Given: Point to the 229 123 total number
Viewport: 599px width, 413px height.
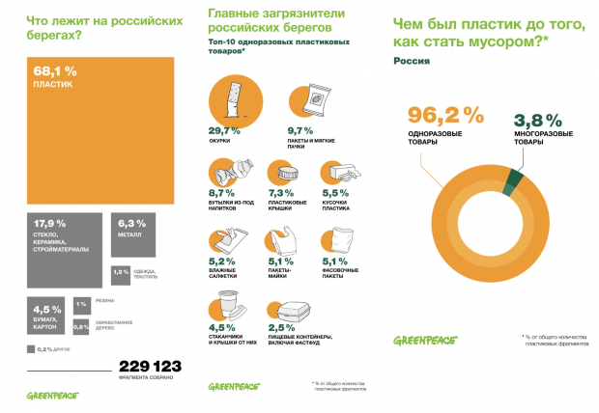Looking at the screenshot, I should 150,366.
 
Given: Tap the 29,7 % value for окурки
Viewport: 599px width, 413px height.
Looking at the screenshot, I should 224,130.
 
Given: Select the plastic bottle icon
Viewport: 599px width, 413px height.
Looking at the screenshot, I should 228,174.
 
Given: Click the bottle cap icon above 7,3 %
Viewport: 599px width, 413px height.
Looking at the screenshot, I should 288,175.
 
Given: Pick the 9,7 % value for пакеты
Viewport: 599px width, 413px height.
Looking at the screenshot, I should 300,130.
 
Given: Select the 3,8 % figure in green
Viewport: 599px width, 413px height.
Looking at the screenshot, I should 537,121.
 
